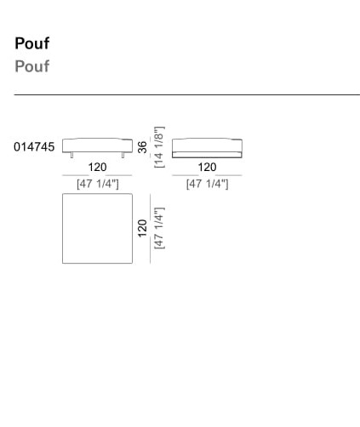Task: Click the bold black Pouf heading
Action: point(32,43)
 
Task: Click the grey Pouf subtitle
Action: point(32,65)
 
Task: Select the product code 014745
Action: point(34,147)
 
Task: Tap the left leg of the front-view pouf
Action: point(71,155)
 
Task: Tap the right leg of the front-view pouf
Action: point(123,155)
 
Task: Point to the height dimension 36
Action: point(142,147)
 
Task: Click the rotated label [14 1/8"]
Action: point(159,147)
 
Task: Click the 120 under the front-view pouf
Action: point(97,167)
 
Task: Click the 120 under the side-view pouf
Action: point(207,167)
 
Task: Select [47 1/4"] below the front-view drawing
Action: point(97,184)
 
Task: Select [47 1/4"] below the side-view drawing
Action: point(207,184)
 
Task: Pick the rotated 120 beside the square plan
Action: point(142,228)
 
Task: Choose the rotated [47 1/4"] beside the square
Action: point(159,228)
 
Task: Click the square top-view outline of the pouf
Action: point(62,229)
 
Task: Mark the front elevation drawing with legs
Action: point(97,148)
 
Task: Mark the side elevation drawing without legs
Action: point(207,148)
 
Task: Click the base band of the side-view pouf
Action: point(207,155)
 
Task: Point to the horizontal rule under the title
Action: point(187,94)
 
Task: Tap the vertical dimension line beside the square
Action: point(150,228)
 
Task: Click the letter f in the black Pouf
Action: point(46,43)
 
